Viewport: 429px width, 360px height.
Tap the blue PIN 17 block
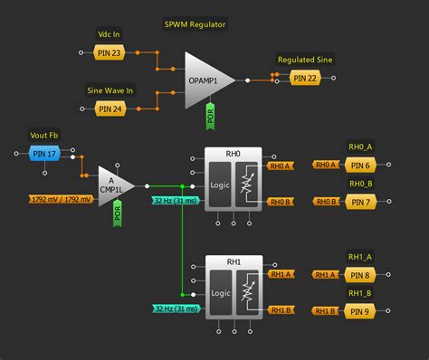pyautogui.click(x=44, y=154)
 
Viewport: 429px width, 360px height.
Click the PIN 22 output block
pyautogui.click(x=305, y=79)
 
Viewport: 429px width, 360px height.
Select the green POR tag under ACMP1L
pyautogui.click(x=117, y=213)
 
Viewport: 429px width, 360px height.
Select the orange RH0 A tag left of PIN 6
pyautogui.click(x=325, y=165)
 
